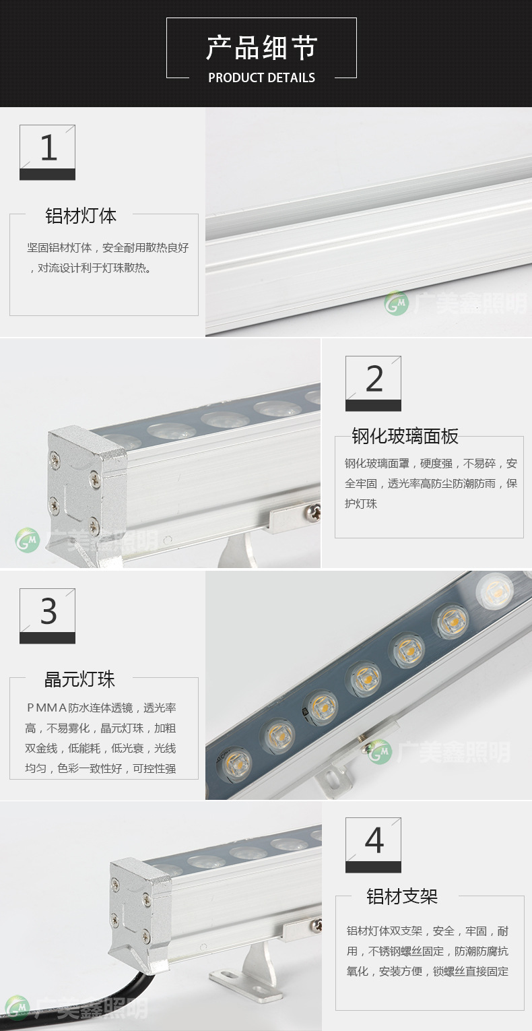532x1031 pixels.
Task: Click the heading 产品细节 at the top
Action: tap(261, 48)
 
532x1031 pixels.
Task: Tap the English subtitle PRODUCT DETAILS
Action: tap(262, 77)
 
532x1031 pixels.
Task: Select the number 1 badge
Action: tap(47, 152)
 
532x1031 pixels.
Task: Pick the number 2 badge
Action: tap(373, 383)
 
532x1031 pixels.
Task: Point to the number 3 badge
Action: tap(47, 616)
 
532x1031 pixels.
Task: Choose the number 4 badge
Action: tap(373, 845)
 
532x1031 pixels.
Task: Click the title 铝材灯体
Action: tap(81, 216)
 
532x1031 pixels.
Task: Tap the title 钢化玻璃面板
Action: tap(405, 437)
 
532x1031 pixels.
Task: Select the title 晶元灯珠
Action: tap(79, 679)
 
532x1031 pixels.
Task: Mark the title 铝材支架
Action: tap(402, 897)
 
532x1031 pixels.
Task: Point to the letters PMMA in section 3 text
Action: tap(47, 708)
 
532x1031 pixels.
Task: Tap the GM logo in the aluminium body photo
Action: tap(397, 303)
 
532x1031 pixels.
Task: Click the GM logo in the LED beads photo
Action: tap(380, 751)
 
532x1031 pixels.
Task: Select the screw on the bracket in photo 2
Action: tap(314, 511)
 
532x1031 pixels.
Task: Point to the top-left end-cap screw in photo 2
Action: tap(55, 458)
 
